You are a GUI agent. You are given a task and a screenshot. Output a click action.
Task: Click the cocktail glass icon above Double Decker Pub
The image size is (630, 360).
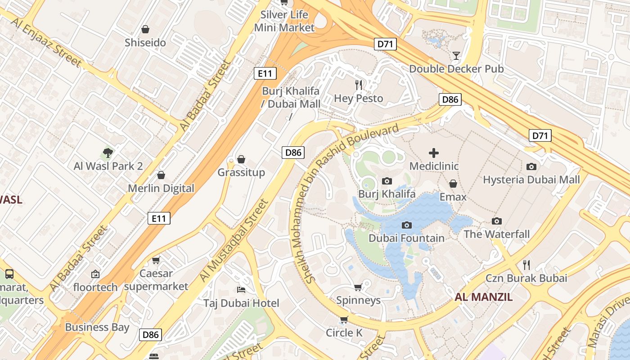[456, 56]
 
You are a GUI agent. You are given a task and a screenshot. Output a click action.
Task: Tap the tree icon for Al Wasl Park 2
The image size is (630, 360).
[108, 153]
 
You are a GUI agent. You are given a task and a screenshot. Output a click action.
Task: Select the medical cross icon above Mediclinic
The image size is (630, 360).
[434, 153]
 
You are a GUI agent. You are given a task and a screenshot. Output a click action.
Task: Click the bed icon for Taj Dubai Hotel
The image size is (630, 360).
[241, 289]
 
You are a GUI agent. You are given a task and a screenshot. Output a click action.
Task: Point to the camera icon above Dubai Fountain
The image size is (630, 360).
[407, 225]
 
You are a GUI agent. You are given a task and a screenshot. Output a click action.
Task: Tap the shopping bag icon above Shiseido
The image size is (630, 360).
[145, 30]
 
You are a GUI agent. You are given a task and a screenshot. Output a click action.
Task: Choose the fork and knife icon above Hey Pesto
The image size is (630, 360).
[359, 85]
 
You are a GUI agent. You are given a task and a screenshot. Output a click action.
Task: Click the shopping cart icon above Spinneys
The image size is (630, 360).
[358, 287]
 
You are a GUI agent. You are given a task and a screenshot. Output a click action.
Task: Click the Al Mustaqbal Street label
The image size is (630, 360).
[234, 241]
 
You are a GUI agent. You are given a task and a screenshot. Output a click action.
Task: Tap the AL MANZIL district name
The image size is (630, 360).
[483, 297]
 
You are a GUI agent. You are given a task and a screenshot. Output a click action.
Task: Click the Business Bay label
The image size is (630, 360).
[97, 327]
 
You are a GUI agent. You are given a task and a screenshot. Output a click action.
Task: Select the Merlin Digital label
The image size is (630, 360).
[161, 188]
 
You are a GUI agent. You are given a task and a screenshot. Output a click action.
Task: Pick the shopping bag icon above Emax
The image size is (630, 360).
[453, 184]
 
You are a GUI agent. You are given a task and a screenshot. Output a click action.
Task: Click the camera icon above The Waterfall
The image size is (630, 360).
[497, 221]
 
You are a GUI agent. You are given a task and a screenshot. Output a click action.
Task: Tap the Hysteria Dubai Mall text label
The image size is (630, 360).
[531, 180]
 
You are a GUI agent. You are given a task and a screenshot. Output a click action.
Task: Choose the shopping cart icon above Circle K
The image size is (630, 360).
[344, 319]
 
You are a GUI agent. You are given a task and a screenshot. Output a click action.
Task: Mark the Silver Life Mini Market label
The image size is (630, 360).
[284, 21]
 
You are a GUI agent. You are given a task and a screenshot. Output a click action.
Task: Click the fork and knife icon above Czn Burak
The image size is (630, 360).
[526, 265]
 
